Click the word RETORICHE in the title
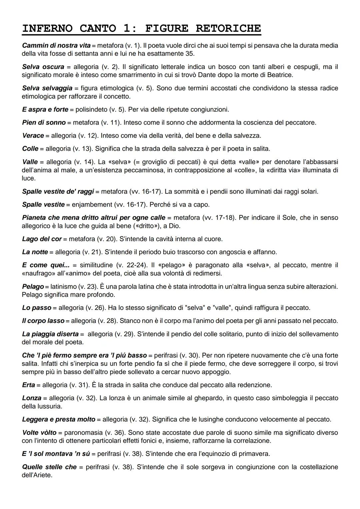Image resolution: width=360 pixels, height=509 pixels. tap(228, 28)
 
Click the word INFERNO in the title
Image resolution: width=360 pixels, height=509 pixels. tap(47, 28)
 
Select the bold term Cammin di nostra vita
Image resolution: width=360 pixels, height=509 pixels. tap(56, 45)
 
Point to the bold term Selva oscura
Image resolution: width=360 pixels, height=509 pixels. tap(43, 67)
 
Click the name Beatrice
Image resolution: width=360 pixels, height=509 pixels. tap(280, 75)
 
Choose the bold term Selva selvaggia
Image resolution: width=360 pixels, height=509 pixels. tap(47, 88)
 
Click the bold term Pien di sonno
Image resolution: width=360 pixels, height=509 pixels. tap(44, 122)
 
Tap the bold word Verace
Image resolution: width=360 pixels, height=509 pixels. tap(33, 136)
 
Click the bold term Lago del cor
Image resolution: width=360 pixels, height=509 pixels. tap(42, 239)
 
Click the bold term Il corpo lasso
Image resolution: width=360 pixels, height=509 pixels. tap(43, 321)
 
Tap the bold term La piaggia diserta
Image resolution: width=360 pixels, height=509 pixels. tap(50, 334)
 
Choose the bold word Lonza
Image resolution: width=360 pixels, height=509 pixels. tap(32, 398)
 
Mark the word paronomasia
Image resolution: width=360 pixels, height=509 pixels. tap(83, 433)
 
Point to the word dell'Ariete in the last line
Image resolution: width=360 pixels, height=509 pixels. tap(37, 475)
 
